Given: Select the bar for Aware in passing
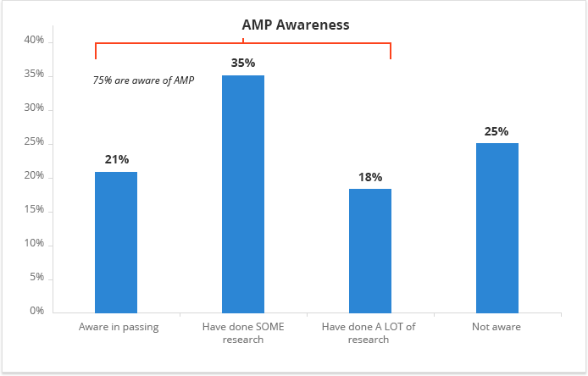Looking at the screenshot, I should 116,242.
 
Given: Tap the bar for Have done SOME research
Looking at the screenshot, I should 243,194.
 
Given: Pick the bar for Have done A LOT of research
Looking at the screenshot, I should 370,251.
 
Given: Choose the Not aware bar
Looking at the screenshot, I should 497,228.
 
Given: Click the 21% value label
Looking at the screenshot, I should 116,159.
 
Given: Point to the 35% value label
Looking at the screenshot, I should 243,63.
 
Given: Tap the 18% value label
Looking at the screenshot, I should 370,177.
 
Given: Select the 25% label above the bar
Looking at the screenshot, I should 497,131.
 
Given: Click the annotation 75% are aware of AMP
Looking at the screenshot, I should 143,80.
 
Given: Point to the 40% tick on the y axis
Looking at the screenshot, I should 34,41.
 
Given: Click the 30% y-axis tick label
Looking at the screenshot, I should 34,109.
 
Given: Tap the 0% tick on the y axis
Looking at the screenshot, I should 36,312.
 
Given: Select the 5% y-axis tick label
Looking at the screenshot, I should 36,278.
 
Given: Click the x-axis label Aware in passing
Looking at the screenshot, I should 119,327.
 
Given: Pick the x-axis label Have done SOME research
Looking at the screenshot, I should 244,333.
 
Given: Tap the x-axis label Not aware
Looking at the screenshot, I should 496,327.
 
